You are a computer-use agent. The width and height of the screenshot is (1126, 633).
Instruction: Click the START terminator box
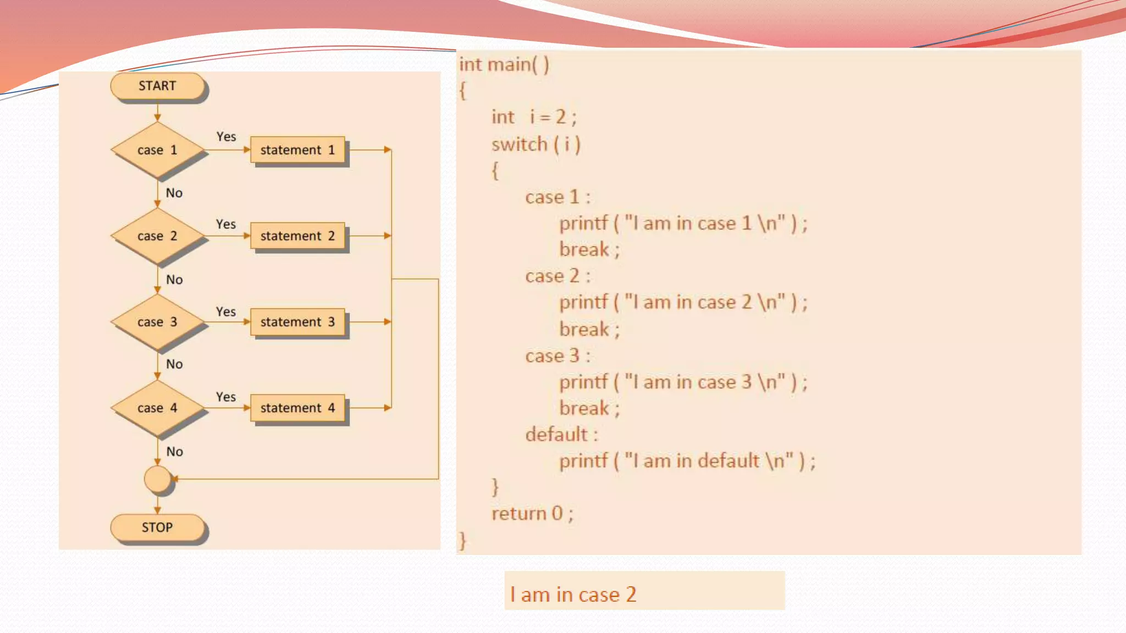(x=157, y=86)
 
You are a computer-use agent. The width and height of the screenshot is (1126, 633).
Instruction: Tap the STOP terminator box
(x=157, y=527)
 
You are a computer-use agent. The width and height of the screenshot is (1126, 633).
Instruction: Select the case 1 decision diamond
(x=157, y=150)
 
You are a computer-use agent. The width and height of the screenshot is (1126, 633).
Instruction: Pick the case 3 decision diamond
(x=157, y=322)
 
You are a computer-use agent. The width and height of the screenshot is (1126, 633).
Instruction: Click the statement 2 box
(x=297, y=236)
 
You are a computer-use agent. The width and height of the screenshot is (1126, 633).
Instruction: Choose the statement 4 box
(x=297, y=408)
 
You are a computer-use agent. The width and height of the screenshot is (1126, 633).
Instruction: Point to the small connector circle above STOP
(x=158, y=479)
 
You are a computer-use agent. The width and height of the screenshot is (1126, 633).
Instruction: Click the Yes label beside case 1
(x=226, y=137)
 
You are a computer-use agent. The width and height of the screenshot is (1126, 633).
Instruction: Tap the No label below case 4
(x=175, y=452)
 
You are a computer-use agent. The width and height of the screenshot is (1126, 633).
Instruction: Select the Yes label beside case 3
(x=226, y=312)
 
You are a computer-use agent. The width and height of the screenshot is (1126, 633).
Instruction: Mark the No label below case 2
(x=174, y=280)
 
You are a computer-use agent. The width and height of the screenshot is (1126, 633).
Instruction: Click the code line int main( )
(x=504, y=65)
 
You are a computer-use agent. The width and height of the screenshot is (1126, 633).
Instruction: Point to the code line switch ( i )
(x=536, y=145)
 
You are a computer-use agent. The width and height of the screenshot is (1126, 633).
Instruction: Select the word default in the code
(x=556, y=435)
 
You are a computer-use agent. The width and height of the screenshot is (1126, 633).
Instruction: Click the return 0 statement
(x=532, y=513)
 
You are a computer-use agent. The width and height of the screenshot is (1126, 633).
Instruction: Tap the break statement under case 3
(x=589, y=408)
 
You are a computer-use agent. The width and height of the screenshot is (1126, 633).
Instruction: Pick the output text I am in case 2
(x=573, y=595)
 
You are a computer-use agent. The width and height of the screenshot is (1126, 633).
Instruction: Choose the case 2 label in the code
(x=557, y=276)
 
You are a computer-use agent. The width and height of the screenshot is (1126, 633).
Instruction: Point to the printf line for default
(x=687, y=460)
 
